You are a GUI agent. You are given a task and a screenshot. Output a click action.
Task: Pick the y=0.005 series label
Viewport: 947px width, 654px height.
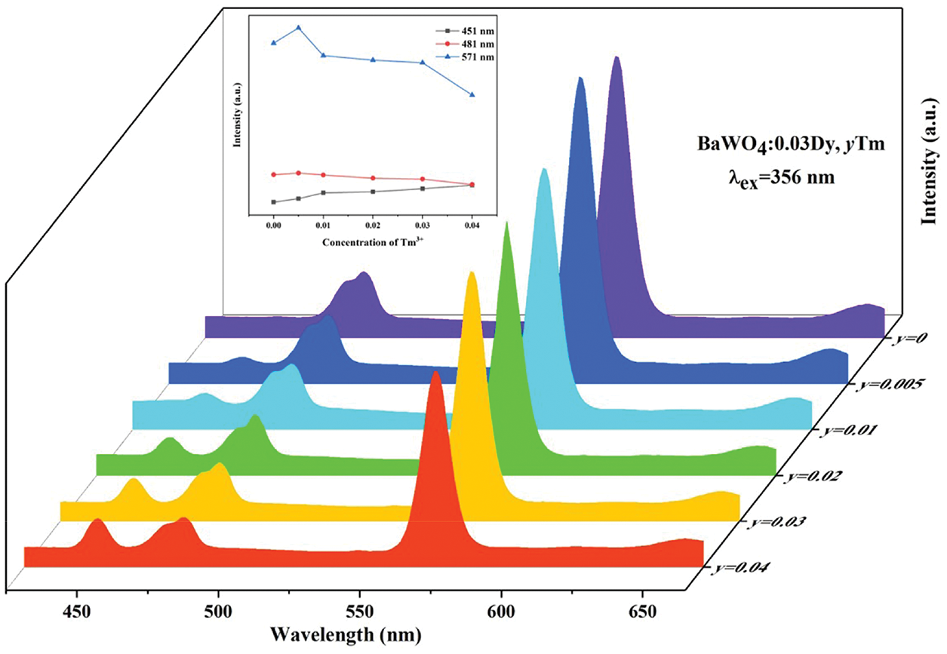[x=887, y=385]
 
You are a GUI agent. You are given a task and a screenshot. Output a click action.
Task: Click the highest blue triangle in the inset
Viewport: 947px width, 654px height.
[x=299, y=28]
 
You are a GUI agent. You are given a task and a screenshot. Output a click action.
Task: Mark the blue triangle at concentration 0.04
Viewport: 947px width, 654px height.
[x=472, y=94]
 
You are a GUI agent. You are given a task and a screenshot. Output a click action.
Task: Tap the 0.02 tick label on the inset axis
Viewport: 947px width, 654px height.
[x=373, y=224]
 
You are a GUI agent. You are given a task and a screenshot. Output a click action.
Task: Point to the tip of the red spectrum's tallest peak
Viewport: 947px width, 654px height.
[x=435, y=372]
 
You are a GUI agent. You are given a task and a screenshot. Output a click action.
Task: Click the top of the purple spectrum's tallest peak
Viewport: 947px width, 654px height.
[x=617, y=57]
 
